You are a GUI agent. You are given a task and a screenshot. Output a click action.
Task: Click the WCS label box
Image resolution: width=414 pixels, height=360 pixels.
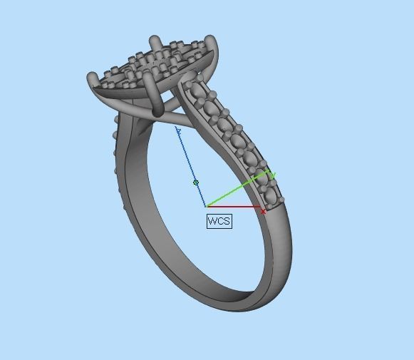[x=219, y=221]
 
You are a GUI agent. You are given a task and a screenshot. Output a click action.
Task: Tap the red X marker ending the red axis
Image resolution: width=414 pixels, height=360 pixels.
[x=264, y=211]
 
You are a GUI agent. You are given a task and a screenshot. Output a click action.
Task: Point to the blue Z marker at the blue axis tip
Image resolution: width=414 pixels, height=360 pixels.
[x=178, y=130]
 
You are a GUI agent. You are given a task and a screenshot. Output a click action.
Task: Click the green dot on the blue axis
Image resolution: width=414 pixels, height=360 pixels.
[x=196, y=182]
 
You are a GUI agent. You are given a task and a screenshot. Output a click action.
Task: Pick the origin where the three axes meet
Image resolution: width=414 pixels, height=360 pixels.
[x=207, y=207]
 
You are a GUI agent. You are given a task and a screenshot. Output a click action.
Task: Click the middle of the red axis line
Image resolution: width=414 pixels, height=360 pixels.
[x=234, y=207]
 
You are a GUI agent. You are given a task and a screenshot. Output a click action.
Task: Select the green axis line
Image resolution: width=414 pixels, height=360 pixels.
[x=239, y=190]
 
